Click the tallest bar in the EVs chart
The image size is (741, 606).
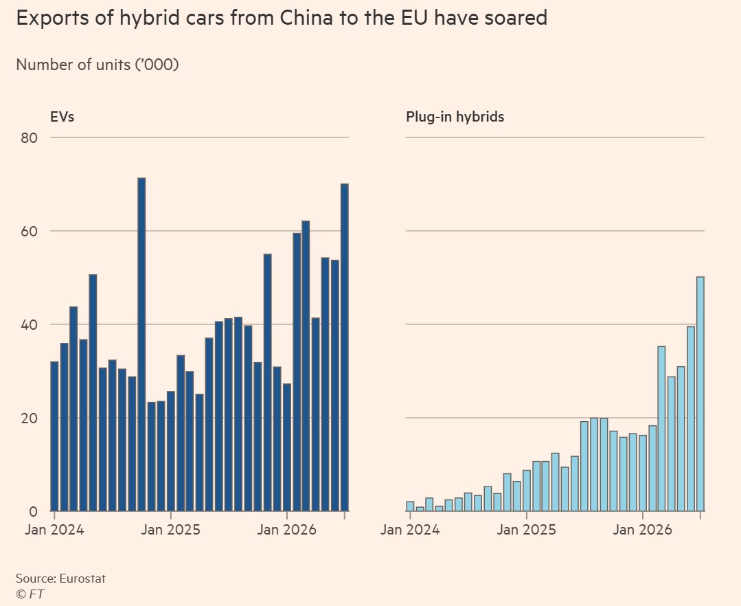click(141, 344)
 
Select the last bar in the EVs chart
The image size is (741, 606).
click(345, 347)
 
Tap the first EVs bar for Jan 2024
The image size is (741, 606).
click(54, 436)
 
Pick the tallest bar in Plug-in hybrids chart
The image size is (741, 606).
click(700, 394)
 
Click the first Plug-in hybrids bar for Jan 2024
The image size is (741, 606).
click(410, 506)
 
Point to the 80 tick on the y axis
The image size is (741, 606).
click(30, 138)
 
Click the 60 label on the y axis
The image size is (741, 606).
click(30, 232)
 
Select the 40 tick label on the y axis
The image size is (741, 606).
click(30, 325)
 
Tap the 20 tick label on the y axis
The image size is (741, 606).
click(30, 419)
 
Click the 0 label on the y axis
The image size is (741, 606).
click(33, 512)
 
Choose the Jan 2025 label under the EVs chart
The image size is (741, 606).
click(170, 530)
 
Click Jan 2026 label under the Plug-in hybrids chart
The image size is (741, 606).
click(642, 530)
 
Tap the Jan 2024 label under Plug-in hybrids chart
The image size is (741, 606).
click(410, 530)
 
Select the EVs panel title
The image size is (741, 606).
click(62, 117)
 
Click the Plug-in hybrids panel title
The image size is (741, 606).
click(455, 117)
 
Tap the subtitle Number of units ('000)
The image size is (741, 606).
click(98, 65)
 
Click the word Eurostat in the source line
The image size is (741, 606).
click(82, 578)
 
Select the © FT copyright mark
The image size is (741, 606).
click(30, 594)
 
